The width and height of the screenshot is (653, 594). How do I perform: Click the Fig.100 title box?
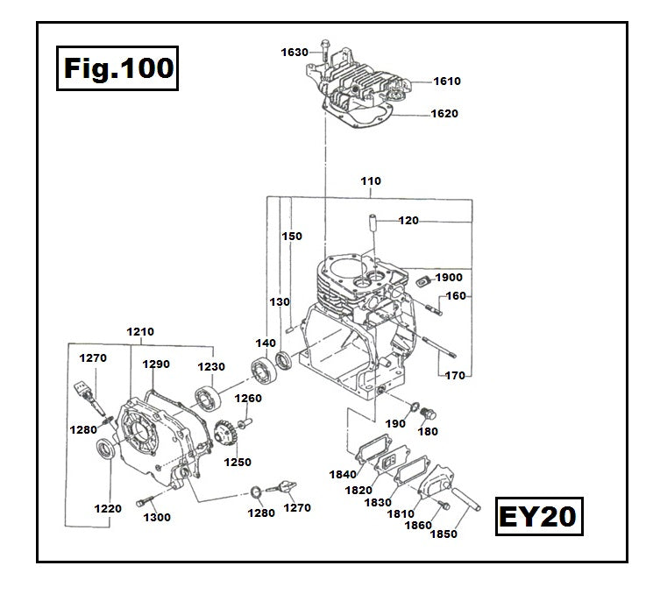pyautogui.click(x=117, y=67)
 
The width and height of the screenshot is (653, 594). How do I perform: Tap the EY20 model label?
pyautogui.click(x=536, y=515)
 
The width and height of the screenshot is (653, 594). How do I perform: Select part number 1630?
pyautogui.click(x=295, y=53)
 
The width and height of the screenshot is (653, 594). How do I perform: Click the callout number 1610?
pyautogui.click(x=447, y=81)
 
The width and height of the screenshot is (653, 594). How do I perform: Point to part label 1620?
pyautogui.click(x=444, y=114)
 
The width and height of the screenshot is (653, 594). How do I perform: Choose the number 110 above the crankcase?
pyautogui.click(x=371, y=181)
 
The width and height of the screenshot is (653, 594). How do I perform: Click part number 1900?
pyautogui.click(x=448, y=278)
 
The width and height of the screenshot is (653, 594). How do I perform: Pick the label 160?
pyautogui.click(x=456, y=296)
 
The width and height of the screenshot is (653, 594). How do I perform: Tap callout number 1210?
pyautogui.click(x=140, y=332)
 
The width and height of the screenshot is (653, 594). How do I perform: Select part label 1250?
pyautogui.click(x=238, y=463)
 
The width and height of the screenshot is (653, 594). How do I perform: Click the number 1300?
pyautogui.click(x=159, y=518)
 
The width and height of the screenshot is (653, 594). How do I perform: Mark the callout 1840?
pyautogui.click(x=343, y=475)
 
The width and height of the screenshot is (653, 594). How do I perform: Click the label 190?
pyautogui.click(x=395, y=423)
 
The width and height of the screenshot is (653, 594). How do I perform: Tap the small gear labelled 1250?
pyautogui.click(x=227, y=433)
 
